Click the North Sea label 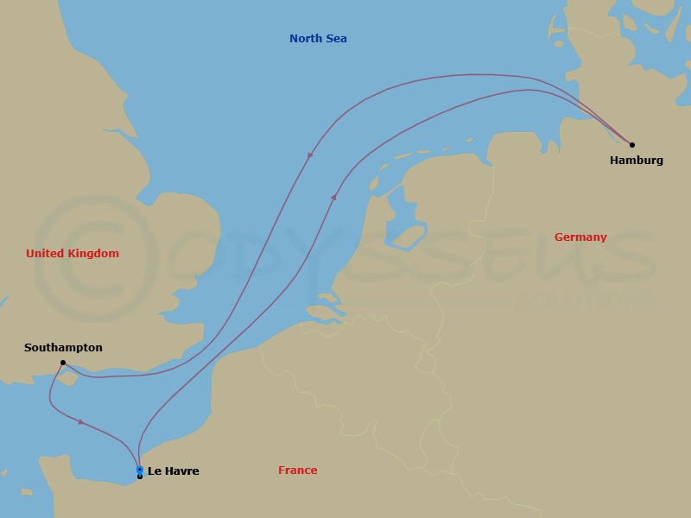coord(318,39)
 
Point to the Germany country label coord(580,237)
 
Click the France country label coord(297,471)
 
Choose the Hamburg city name coord(636,161)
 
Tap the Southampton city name coord(63,348)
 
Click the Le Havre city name coord(173,471)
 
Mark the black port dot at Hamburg coord(631,145)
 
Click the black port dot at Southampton coord(63,363)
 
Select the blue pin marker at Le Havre coord(140,470)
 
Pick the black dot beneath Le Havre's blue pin coord(140,477)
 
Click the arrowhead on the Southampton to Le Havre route coord(81,422)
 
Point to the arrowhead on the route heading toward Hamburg coord(333,197)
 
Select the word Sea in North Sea coord(336,39)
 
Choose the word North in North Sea coord(306,39)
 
